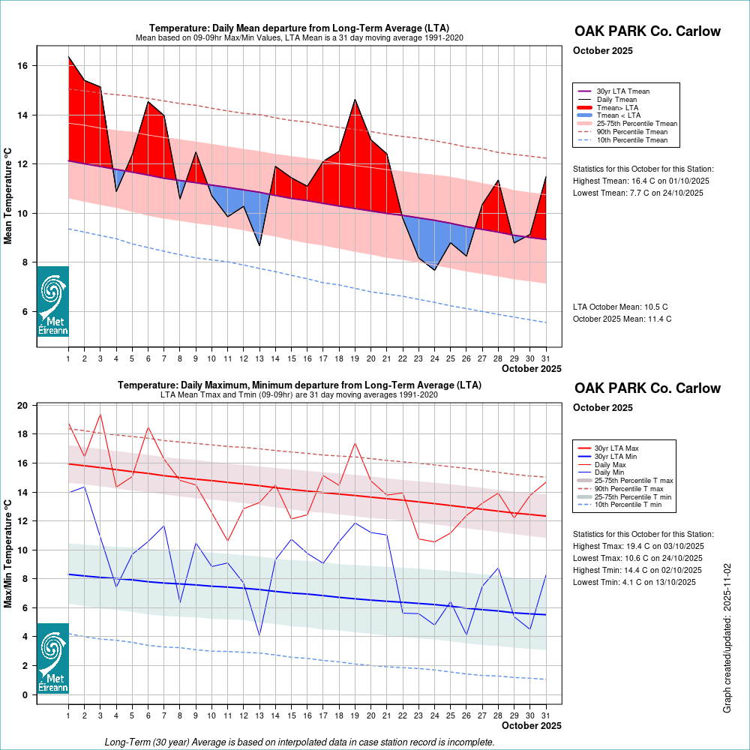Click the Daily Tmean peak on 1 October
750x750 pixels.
[68, 57]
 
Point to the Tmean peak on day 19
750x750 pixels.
[355, 100]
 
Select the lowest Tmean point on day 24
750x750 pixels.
[434, 269]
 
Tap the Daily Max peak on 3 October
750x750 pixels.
[100, 414]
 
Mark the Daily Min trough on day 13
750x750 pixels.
[259, 635]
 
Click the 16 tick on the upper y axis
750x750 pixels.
[23, 66]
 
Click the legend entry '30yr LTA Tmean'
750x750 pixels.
[622, 91]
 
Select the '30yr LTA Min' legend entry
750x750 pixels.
[617, 456]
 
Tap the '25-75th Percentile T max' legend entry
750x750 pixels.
[634, 480]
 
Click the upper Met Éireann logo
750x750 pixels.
[53, 301]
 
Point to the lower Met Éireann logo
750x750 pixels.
[53, 658]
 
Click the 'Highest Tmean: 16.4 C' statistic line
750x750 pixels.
[640, 181]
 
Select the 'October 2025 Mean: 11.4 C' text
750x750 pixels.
[622, 319]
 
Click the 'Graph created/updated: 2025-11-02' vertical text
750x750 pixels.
[727, 637]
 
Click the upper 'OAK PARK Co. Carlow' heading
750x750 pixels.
[647, 31]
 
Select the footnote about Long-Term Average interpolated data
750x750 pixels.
[300, 742]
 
